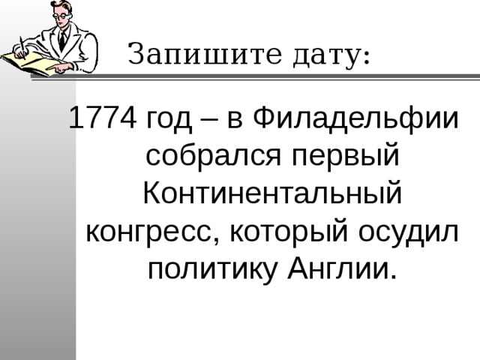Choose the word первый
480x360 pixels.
[345, 157]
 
